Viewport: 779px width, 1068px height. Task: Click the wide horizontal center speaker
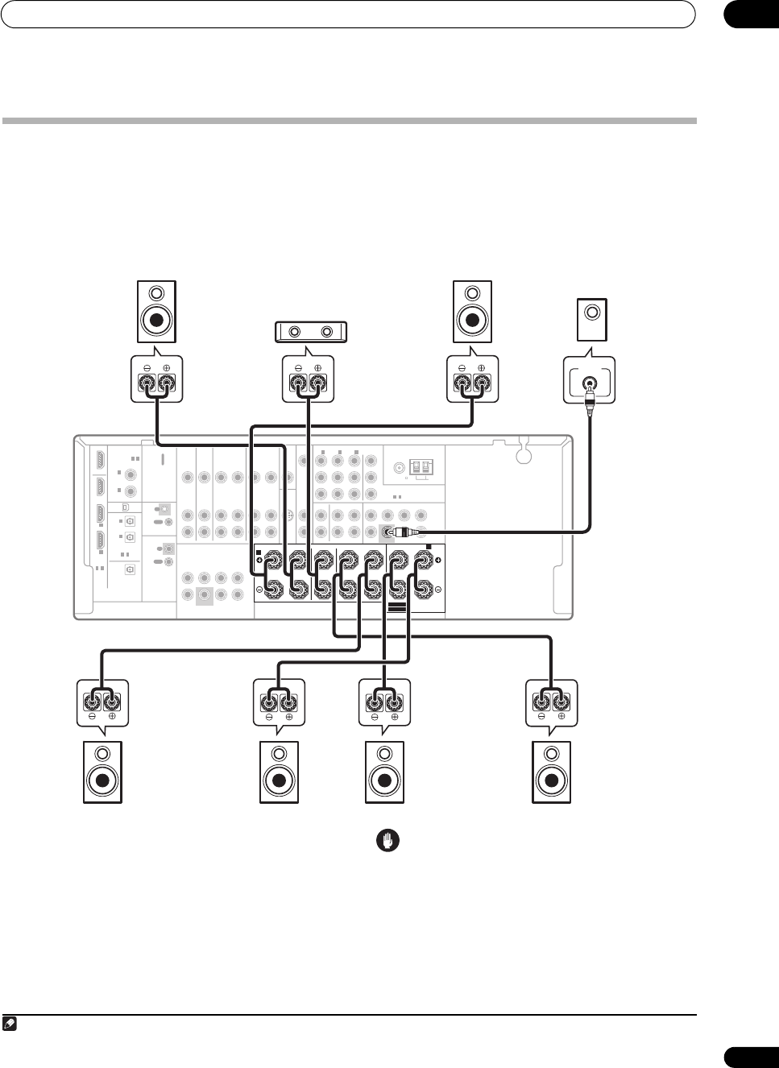[x=309, y=331]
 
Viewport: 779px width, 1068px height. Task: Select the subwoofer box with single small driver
[x=592, y=320]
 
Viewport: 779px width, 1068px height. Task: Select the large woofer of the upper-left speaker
[x=157, y=321]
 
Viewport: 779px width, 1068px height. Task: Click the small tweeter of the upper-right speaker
[x=472, y=294]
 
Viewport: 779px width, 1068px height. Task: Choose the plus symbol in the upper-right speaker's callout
[x=481, y=368]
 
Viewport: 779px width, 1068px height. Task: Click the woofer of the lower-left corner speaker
[x=102, y=780]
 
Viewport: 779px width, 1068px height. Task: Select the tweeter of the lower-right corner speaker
[x=551, y=755]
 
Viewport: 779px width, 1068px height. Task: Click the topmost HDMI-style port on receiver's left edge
[x=100, y=461]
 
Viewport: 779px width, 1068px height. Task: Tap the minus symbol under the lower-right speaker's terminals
[x=541, y=715]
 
